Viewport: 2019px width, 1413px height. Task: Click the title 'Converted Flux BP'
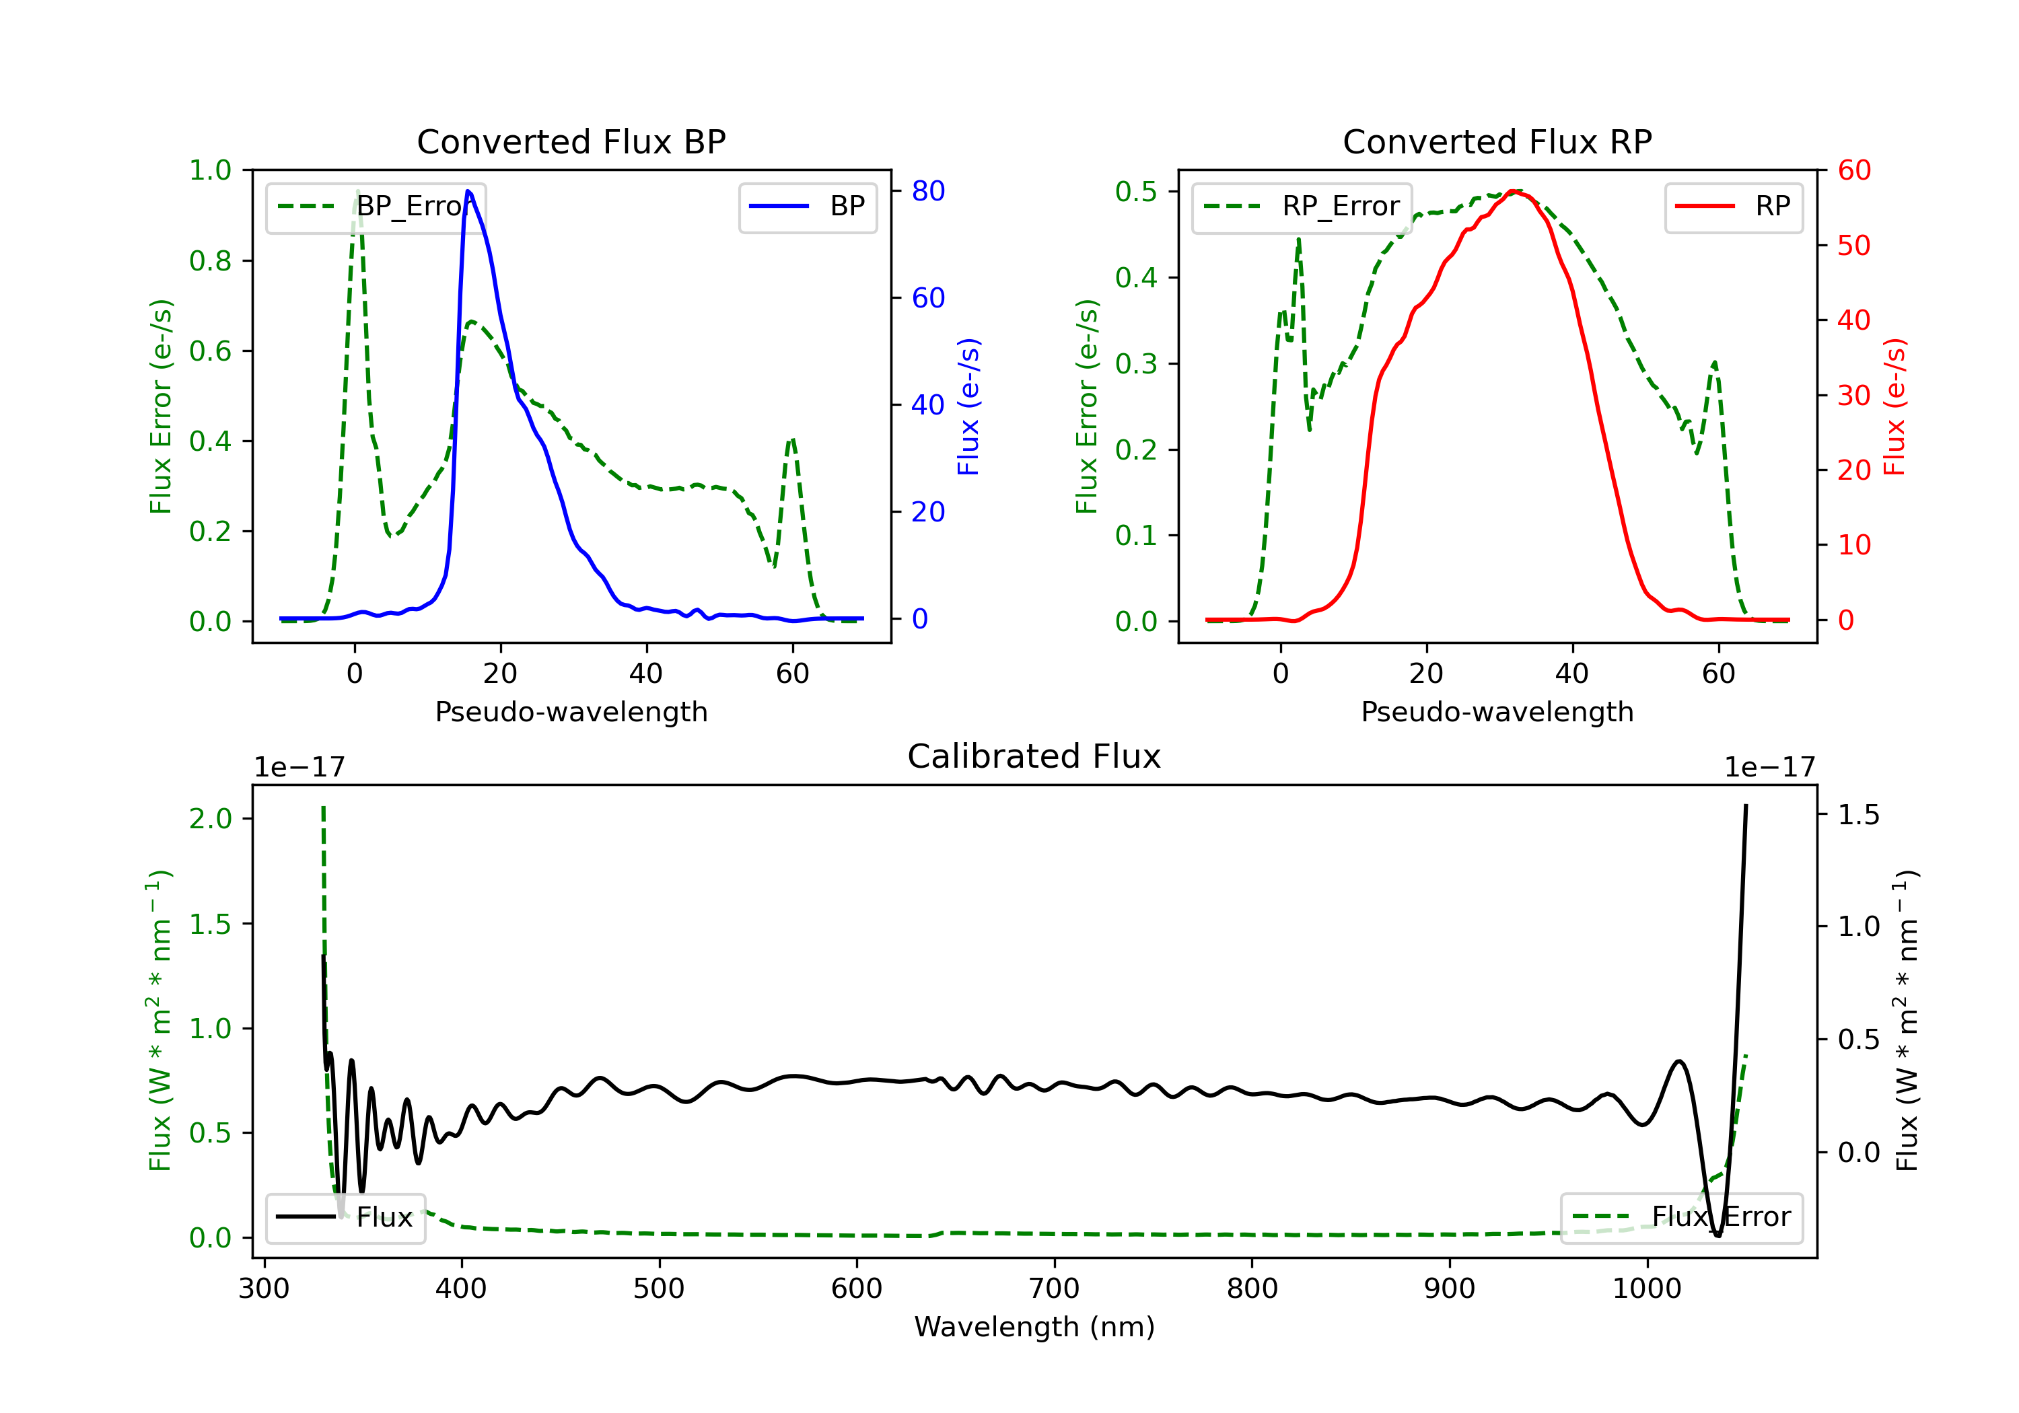click(571, 141)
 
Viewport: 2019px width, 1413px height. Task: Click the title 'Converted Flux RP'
click(1497, 141)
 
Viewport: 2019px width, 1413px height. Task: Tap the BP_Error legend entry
click(376, 207)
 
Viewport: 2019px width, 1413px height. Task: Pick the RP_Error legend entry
click(1302, 207)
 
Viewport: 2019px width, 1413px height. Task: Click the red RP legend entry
click(1733, 207)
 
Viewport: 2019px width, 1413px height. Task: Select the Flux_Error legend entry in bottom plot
click(1681, 1217)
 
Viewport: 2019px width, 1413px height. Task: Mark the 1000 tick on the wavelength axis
click(1646, 1289)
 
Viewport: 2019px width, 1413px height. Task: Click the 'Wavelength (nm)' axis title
click(1034, 1327)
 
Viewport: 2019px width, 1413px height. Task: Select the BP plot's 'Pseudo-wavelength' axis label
click(571, 711)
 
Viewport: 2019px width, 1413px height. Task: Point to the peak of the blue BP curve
click(468, 191)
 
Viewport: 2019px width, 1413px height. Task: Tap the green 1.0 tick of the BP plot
click(210, 171)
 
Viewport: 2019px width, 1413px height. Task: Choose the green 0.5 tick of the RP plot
click(1135, 192)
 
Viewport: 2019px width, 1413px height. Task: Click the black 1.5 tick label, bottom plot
click(1858, 815)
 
